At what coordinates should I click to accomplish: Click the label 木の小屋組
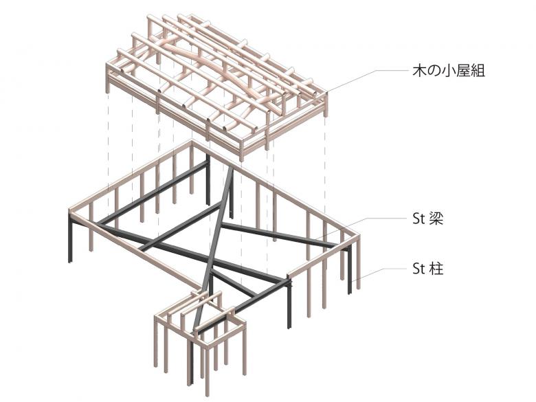(x=449, y=70)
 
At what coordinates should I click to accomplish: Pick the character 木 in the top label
(x=420, y=70)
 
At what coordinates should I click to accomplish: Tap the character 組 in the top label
(x=478, y=70)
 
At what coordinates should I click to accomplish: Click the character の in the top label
(x=434, y=71)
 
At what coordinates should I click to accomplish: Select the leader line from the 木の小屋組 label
(x=368, y=81)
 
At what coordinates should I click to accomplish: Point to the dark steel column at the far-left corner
(x=70, y=238)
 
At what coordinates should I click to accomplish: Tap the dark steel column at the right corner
(x=350, y=270)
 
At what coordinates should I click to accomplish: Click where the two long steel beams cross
(x=210, y=259)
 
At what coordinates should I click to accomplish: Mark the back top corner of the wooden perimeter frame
(x=192, y=141)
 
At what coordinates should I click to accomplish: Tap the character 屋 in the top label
(x=463, y=70)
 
